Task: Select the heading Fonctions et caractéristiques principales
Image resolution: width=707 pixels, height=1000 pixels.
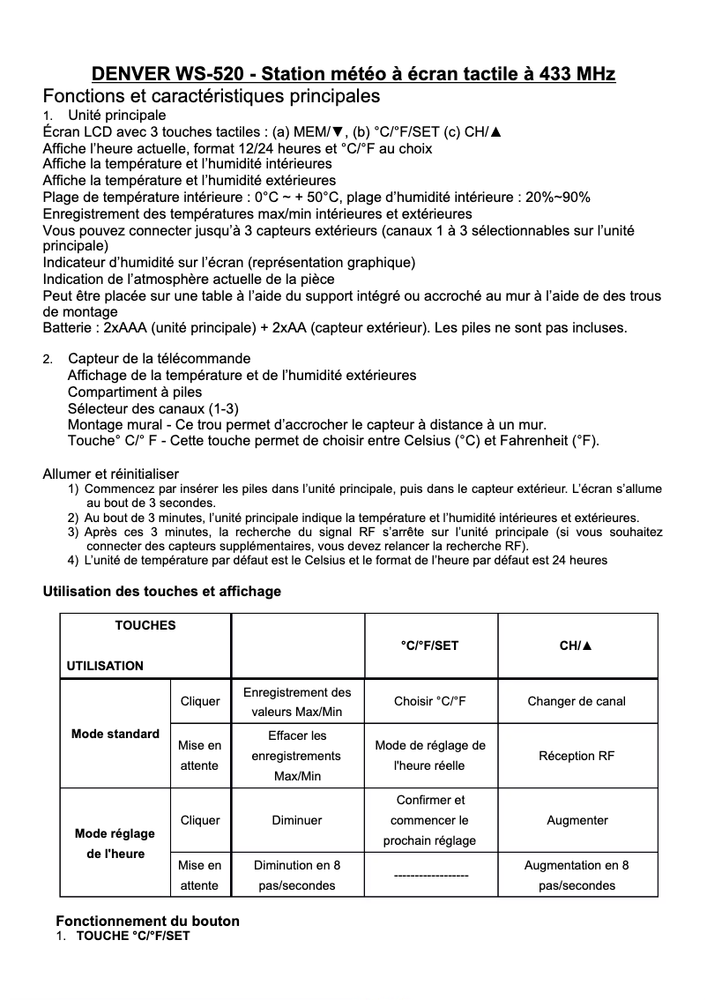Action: pyautogui.click(x=212, y=95)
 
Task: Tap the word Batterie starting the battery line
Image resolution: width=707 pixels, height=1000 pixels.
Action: pyautogui.click(x=71, y=329)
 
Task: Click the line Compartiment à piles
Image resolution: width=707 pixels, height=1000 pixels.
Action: pyautogui.click(x=135, y=392)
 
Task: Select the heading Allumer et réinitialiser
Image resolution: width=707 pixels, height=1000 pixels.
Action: pyautogui.click(x=111, y=474)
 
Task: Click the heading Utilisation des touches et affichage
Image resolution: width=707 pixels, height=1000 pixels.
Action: pyautogui.click(x=162, y=591)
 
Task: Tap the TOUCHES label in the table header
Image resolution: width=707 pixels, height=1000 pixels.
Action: pyautogui.click(x=145, y=625)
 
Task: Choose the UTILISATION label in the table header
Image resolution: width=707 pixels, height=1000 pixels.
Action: pyautogui.click(x=105, y=665)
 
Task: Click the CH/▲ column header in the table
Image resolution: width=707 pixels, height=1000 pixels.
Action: pyautogui.click(x=577, y=646)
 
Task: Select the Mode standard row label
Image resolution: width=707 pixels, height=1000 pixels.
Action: pyautogui.click(x=115, y=734)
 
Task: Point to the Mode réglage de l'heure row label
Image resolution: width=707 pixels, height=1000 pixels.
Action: pyautogui.click(x=115, y=843)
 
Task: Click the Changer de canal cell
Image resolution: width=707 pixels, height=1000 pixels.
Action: pyautogui.click(x=577, y=701)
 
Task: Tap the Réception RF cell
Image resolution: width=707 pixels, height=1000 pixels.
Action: pyautogui.click(x=577, y=756)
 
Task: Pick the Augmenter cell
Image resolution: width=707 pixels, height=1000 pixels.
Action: pyautogui.click(x=577, y=820)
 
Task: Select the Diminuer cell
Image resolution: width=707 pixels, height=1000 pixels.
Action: pyautogui.click(x=297, y=820)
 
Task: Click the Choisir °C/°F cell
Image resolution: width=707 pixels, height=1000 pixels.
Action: pyautogui.click(x=429, y=701)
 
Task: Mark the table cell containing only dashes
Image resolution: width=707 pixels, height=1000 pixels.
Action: pyautogui.click(x=429, y=876)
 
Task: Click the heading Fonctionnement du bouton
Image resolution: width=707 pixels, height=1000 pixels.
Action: pyautogui.click(x=147, y=921)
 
